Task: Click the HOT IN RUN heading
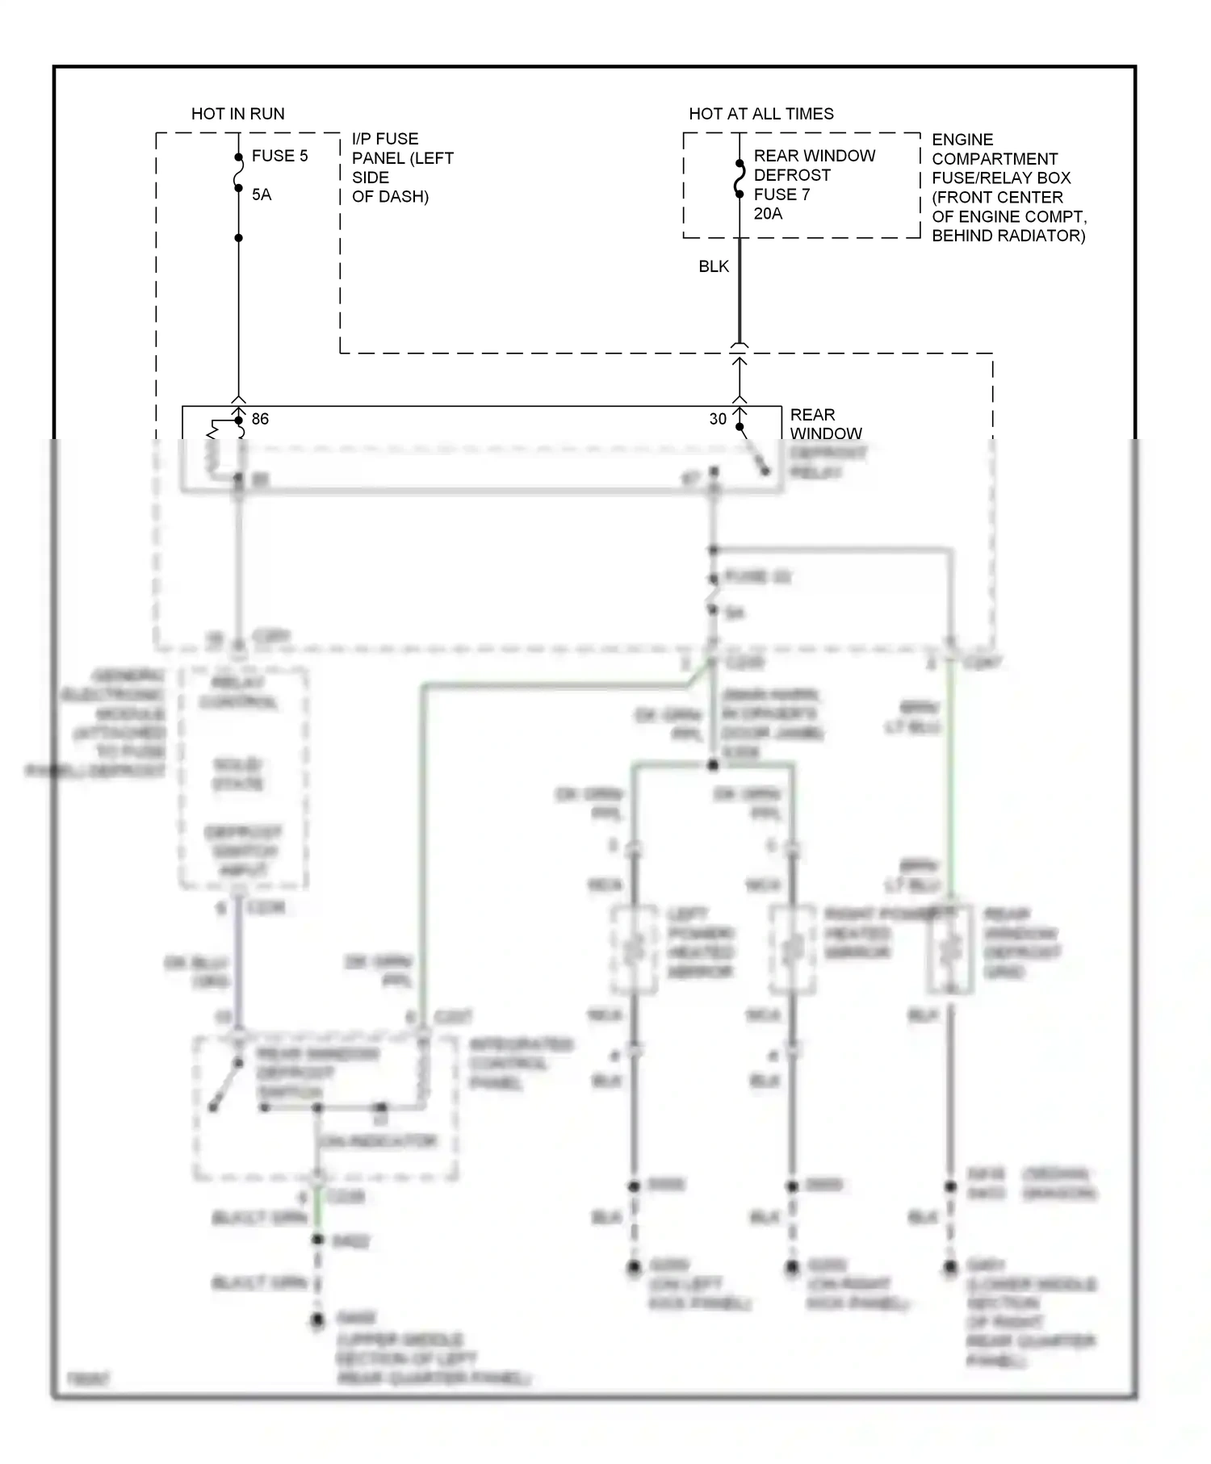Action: [237, 114]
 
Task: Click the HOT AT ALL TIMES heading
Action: [761, 114]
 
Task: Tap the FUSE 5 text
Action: [279, 156]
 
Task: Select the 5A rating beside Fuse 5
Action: [262, 195]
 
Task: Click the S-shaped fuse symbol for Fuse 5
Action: [238, 173]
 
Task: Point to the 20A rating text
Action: [768, 214]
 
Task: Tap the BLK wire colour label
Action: [714, 266]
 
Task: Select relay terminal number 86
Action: [260, 419]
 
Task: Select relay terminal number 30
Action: [718, 419]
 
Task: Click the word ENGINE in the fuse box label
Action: [962, 140]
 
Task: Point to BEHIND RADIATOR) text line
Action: [1008, 236]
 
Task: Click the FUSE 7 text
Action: [781, 195]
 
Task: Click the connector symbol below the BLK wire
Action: [739, 348]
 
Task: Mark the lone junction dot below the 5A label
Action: [238, 238]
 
